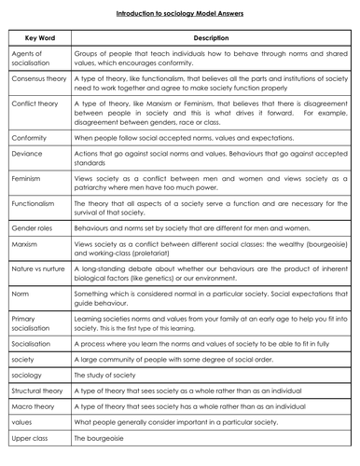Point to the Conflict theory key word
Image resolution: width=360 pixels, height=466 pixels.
pyautogui.click(x=34, y=116)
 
